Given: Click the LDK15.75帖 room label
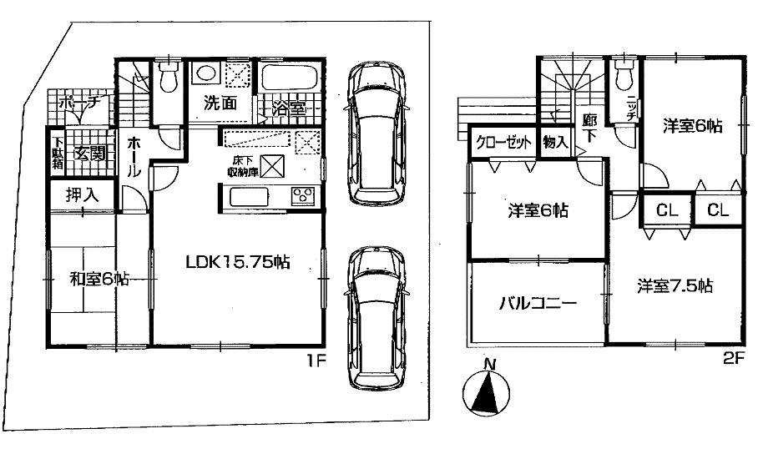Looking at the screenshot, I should pos(237,261).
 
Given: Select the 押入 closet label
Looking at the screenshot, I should pos(81,196).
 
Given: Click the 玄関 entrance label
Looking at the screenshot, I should pos(88,153).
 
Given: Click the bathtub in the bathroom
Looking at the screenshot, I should pos(288,80).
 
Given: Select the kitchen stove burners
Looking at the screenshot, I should pos(301,197).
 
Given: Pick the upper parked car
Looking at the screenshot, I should pos(375,134).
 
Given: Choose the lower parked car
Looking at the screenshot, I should pos(375,317).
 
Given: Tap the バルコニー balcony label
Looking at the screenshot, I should pos(525,303).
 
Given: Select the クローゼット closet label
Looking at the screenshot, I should pos(504,142).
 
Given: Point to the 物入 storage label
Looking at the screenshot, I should pos(555,142).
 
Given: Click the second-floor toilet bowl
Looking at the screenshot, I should pos(624,78).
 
